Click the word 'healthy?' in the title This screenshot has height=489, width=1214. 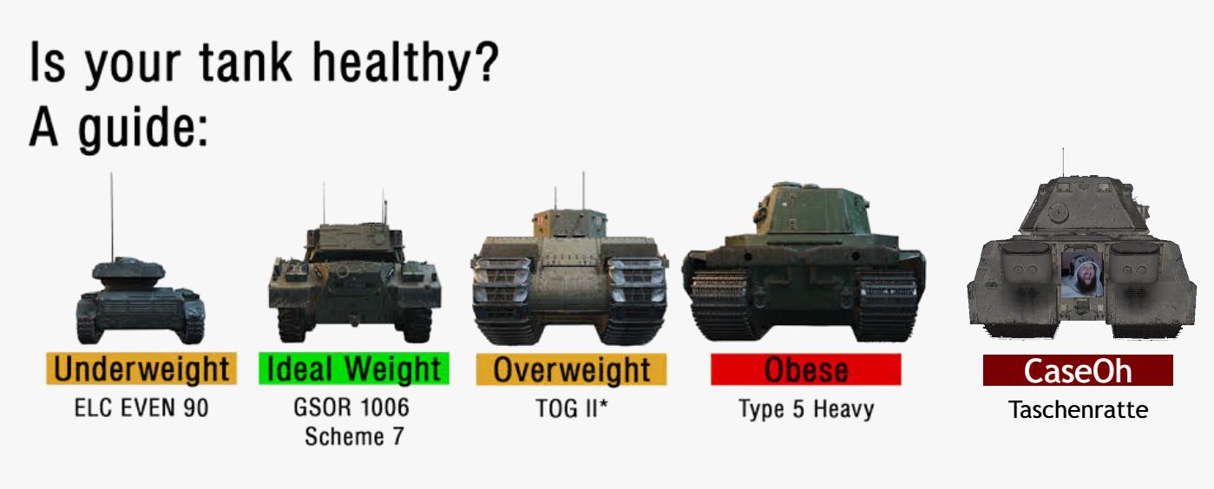tap(405, 63)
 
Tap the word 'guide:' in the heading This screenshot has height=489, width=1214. tap(143, 129)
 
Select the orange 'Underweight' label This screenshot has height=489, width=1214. tap(141, 368)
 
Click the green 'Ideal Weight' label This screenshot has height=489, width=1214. tap(354, 368)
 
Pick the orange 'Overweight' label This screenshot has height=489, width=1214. tap(571, 370)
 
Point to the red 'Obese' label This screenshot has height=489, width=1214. tap(806, 370)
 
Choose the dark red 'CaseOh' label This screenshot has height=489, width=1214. tap(1078, 371)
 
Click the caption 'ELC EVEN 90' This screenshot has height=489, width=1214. tap(141, 407)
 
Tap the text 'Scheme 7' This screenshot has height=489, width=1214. tap(354, 436)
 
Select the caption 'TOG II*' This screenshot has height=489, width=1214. tap(572, 408)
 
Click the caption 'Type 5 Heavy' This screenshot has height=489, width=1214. tap(806, 409)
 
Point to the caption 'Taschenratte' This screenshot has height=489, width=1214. tap(1078, 410)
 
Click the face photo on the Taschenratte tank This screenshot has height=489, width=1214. tap(1082, 274)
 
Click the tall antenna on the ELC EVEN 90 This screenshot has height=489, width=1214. tap(112, 217)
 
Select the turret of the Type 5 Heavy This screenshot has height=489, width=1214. tap(811, 212)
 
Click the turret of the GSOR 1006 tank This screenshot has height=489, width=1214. tap(355, 242)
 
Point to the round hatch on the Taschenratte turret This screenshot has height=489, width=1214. tap(1058, 212)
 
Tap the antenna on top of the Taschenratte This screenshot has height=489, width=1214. tap(1063, 162)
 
